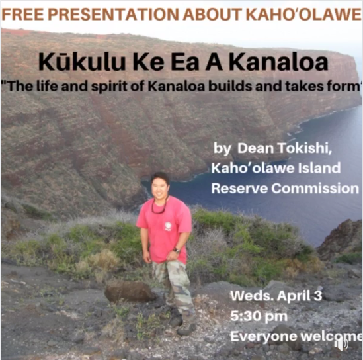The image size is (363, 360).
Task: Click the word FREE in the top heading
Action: pyautogui.click(x=22, y=15)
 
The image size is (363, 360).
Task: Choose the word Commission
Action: pyautogui.click(x=315, y=188)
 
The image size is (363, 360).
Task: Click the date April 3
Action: pyautogui.click(x=300, y=296)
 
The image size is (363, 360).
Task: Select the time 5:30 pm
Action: pyautogui.click(x=259, y=316)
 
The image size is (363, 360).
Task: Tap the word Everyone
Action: pyautogui.click(x=264, y=336)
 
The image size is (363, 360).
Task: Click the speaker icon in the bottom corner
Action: pyautogui.click(x=342, y=345)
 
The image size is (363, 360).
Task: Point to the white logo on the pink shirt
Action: pyautogui.click(x=168, y=226)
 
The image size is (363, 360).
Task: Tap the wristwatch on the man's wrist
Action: pyautogui.click(x=177, y=250)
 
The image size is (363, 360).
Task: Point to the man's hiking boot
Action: pyautogui.click(x=186, y=328)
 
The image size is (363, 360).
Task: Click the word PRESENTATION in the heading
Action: pyautogui.click(x=114, y=15)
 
